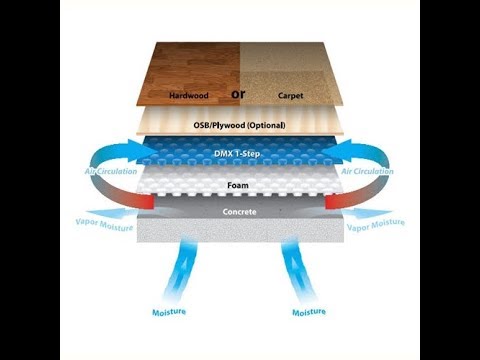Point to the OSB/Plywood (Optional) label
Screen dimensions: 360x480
click(238, 125)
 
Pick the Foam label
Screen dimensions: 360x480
click(238, 184)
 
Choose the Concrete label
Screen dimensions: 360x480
click(238, 213)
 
